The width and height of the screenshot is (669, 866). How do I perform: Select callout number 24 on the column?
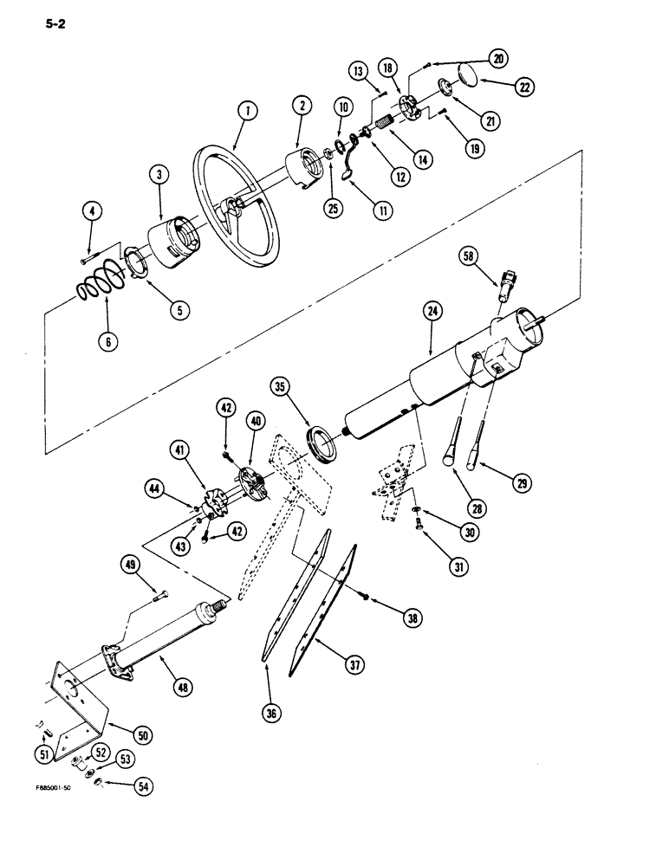(432, 310)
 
